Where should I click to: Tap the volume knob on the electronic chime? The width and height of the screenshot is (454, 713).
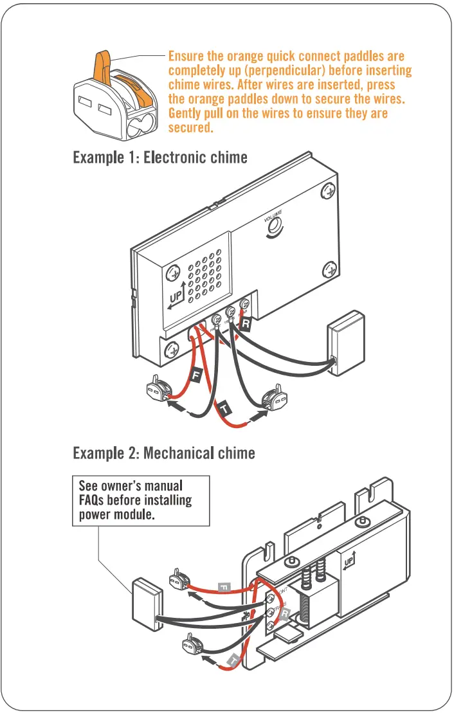(x=275, y=226)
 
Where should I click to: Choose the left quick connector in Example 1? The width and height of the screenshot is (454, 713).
(x=159, y=388)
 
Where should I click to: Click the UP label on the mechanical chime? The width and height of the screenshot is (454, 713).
(x=349, y=560)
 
